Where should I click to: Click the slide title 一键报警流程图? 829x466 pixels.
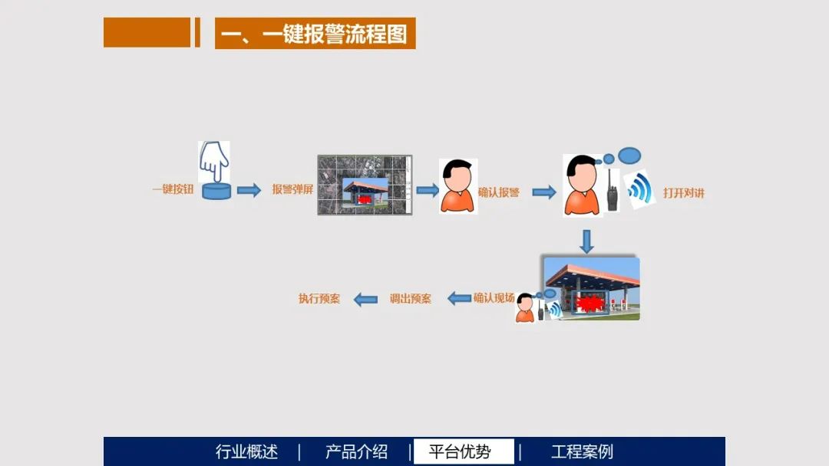tap(315, 34)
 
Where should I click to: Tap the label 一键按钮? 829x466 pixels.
tap(173, 189)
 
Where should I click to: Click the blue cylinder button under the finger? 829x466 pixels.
tap(216, 191)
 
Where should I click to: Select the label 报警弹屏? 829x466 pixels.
tap(292, 189)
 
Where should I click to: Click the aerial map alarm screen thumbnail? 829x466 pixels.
tap(365, 185)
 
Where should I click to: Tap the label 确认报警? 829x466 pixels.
tap(499, 192)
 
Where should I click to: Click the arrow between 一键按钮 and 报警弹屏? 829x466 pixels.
tap(249, 190)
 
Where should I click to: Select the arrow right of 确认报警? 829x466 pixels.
tap(543, 192)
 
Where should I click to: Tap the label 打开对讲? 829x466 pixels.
tap(683, 193)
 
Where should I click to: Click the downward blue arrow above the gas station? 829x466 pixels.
tap(586, 241)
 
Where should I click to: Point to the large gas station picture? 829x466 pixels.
tap(591, 288)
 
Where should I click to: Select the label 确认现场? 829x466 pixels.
tap(494, 298)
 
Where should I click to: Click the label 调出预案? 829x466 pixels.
tap(410, 299)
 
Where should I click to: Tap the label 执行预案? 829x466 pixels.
tap(319, 299)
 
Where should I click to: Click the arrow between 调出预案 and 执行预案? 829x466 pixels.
tap(365, 300)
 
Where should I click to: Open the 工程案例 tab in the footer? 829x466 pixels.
tap(582, 451)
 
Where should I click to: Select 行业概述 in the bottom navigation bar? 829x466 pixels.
tap(246, 451)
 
